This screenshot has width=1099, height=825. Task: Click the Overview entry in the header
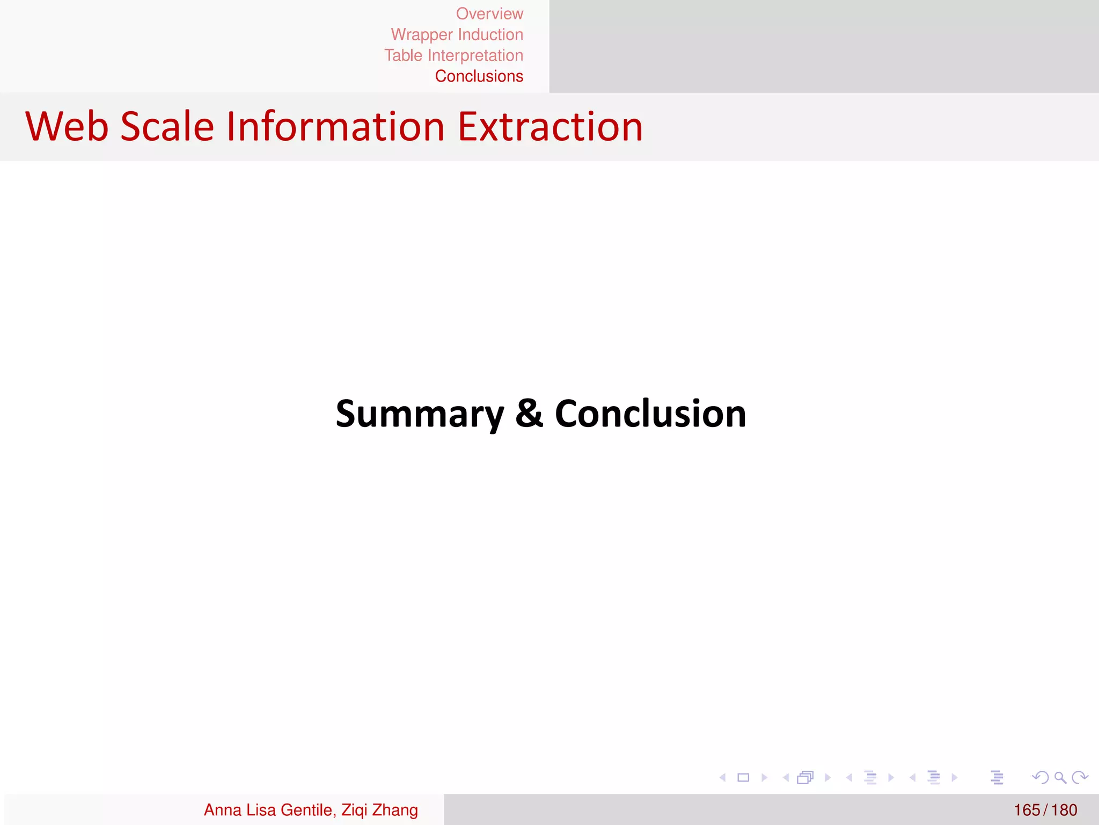pyautogui.click(x=489, y=14)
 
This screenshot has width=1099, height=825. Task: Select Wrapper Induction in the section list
pyautogui.click(x=457, y=35)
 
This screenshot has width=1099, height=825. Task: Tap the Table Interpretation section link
pyautogui.click(x=453, y=55)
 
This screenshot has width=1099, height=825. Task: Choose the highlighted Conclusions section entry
pyautogui.click(x=479, y=76)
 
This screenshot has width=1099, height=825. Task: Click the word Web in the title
pyautogui.click(x=67, y=127)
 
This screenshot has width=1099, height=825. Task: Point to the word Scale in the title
pyautogui.click(x=167, y=127)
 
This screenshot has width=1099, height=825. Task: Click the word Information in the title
pyautogui.click(x=335, y=127)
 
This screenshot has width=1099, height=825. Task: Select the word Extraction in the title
pyautogui.click(x=550, y=127)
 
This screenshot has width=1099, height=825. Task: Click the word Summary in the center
pyautogui.click(x=420, y=415)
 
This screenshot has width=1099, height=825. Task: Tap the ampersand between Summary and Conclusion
pyautogui.click(x=529, y=414)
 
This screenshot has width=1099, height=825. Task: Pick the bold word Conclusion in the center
pyautogui.click(x=650, y=414)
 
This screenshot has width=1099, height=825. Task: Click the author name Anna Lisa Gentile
pyautogui.click(x=268, y=810)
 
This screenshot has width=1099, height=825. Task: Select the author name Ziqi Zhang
pyautogui.click(x=379, y=810)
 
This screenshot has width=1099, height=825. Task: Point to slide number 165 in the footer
pyautogui.click(x=1027, y=810)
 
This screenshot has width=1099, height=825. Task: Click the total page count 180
pyautogui.click(x=1064, y=810)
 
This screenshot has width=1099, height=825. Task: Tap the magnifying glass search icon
pyautogui.click(x=1060, y=777)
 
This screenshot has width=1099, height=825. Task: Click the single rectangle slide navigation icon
pyautogui.click(x=743, y=777)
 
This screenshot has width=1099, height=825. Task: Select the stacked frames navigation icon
pyautogui.click(x=805, y=777)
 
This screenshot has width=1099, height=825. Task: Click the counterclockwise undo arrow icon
pyautogui.click(x=1040, y=777)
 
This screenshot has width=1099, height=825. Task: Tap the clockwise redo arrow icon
pyautogui.click(x=1079, y=777)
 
